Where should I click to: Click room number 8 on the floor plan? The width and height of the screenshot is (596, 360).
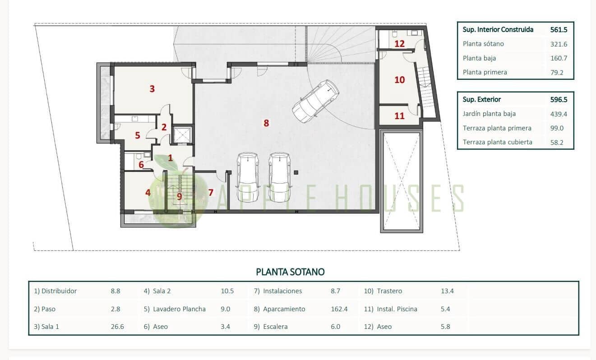coord(266,123)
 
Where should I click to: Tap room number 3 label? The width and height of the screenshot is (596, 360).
coord(152,89)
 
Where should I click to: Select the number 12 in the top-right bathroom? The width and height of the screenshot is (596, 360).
coord(399,44)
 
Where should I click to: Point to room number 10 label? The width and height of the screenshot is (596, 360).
coord(399,80)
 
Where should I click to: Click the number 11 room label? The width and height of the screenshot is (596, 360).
coord(399,116)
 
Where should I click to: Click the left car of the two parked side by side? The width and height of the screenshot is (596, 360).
coord(248,176)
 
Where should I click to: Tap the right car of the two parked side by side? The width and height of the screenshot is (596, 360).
coord(280,176)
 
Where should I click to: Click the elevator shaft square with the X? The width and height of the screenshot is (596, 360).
coord(183,134)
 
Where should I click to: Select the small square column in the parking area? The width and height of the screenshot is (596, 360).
coord(296,172)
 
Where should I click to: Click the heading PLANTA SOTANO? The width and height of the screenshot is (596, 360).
coord(290,272)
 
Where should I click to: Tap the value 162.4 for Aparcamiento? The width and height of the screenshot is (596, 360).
coord(339,309)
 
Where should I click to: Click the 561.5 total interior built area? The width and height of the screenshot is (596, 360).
coord(559,30)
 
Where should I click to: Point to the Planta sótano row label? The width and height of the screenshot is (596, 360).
coord(483,44)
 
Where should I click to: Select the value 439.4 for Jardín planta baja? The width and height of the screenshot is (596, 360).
coord(558,114)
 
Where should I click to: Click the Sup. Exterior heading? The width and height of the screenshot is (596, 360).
coord(482,99)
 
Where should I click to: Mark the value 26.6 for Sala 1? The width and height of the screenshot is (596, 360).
coord(117,327)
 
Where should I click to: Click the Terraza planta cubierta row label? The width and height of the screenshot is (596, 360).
coord(497,142)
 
